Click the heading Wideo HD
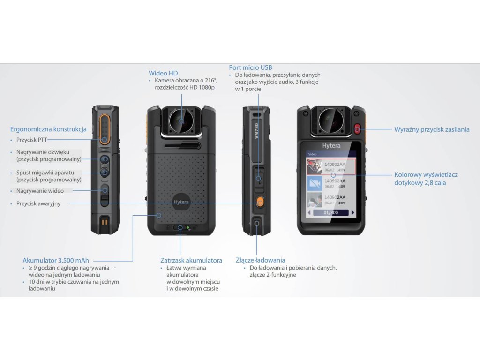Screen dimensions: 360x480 (163, 73)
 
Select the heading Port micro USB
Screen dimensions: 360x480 (250, 67)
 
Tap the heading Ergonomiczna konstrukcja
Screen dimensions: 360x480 (48, 129)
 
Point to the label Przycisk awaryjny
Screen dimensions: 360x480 (38, 203)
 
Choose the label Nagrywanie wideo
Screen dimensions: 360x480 (40, 191)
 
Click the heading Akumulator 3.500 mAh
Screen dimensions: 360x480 (56, 260)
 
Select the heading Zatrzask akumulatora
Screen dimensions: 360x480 (191, 260)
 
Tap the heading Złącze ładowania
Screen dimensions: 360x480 (260, 260)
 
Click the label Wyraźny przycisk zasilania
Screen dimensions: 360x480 (432, 129)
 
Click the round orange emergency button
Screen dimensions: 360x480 (259, 203)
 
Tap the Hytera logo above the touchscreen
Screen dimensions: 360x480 (331, 146)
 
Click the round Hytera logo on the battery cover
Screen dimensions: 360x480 (182, 201)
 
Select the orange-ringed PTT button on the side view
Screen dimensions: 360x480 (105, 127)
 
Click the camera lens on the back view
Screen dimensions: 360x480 (180, 120)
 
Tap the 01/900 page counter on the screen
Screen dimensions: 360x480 (330, 212)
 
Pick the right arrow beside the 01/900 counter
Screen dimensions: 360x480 (352, 212)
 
